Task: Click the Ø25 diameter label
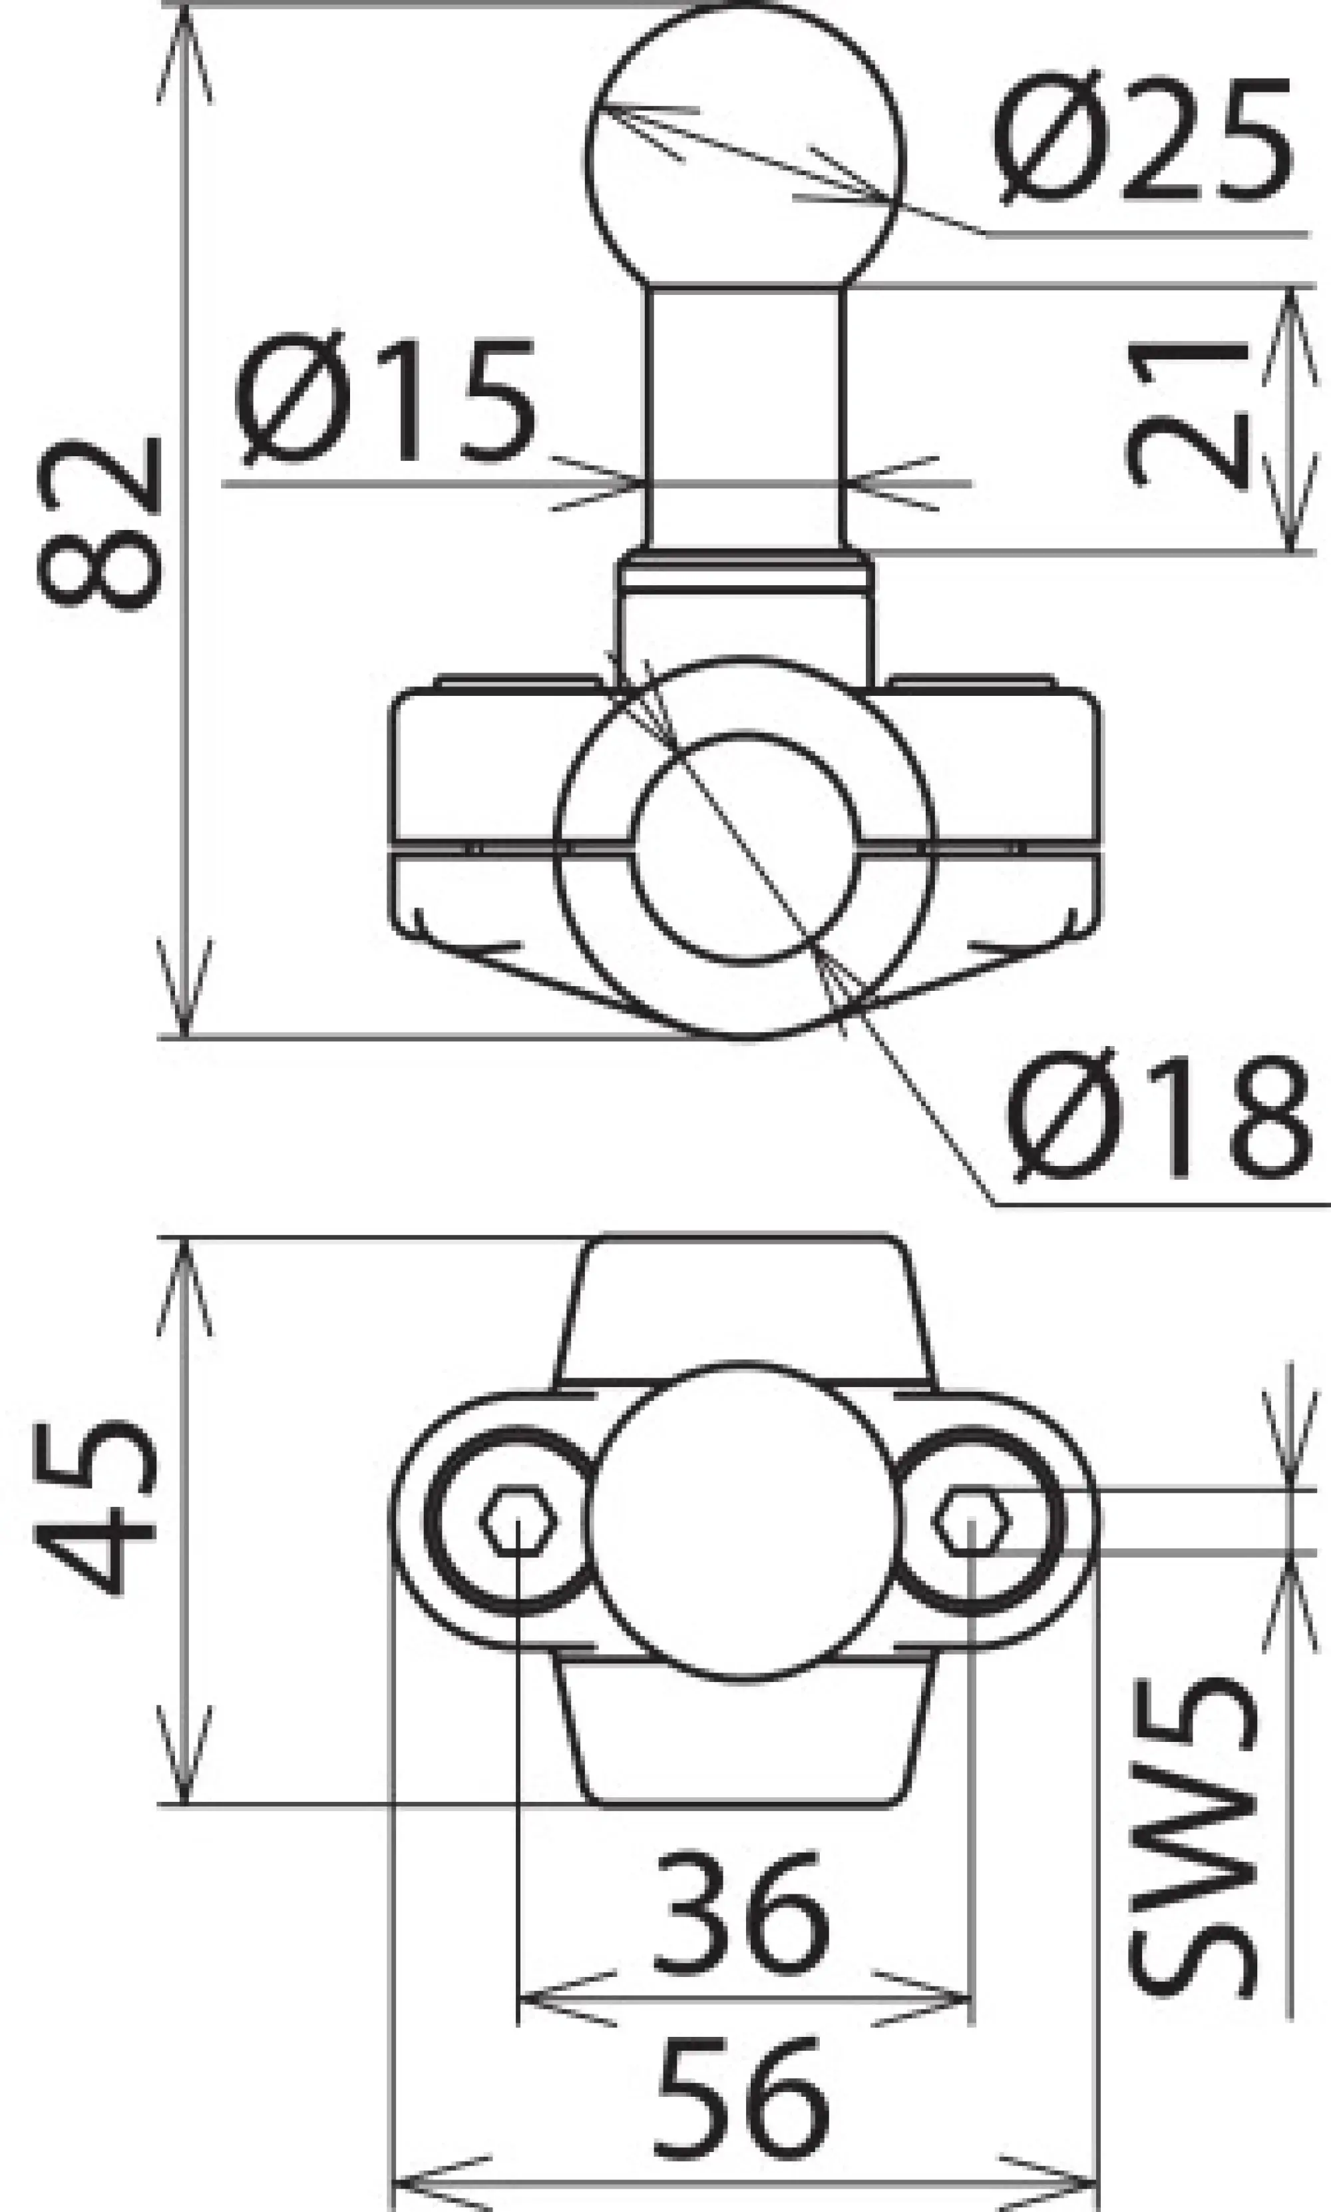(1143, 141)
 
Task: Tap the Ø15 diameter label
(386, 401)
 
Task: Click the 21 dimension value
(1186, 415)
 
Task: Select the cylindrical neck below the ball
(745, 417)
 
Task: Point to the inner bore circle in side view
(745, 848)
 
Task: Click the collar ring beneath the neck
(745, 571)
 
